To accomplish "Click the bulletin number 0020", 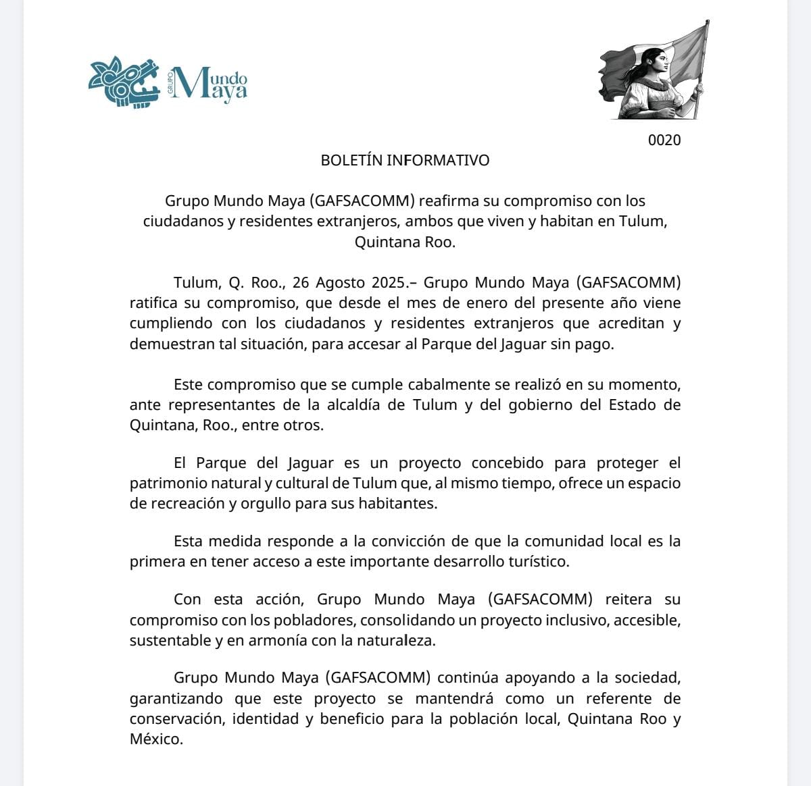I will pyautogui.click(x=664, y=140).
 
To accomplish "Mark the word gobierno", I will pyautogui.click(x=525, y=405).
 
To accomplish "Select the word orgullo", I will pyautogui.click(x=247, y=504).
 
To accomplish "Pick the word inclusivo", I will pyautogui.click(x=575, y=620).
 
